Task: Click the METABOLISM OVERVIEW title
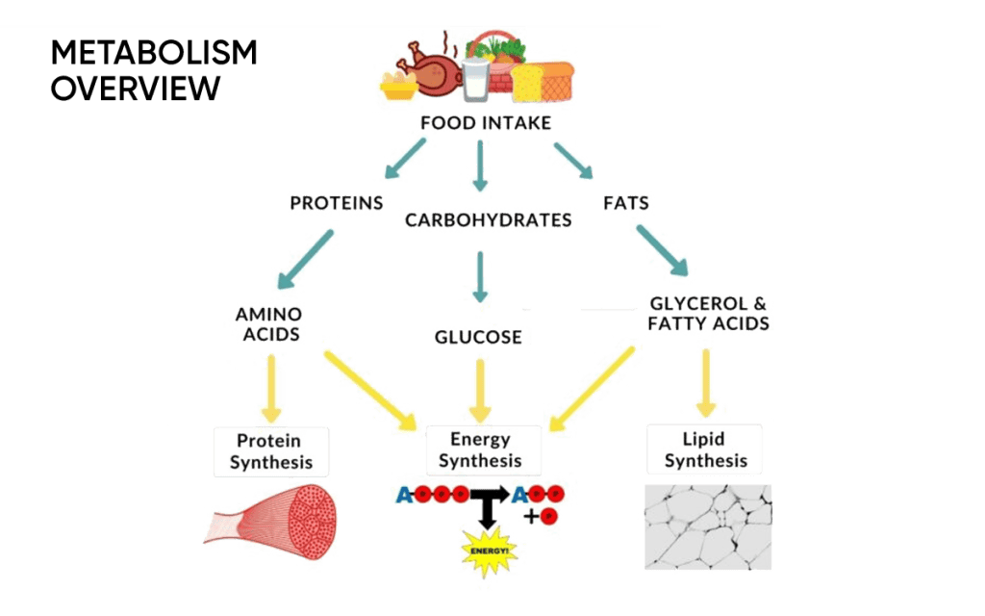[154, 70]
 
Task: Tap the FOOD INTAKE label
[485, 124]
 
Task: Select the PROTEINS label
[337, 204]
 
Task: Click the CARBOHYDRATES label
[489, 220]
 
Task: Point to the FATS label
[627, 204]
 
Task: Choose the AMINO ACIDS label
[269, 324]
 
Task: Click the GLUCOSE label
[478, 338]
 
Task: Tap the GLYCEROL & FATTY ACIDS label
[708, 314]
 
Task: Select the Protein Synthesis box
[270, 451]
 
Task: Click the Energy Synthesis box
[484, 449]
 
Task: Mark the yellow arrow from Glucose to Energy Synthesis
[479, 389]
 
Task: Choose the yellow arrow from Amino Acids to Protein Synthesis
[271, 387]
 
